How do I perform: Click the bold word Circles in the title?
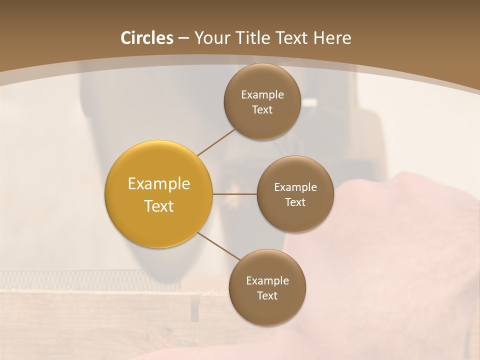[x=147, y=38]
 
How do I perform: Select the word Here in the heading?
[x=332, y=38]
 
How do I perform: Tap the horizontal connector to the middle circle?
[x=234, y=194]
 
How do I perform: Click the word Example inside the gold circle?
[x=159, y=184]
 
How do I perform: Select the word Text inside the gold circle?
[x=159, y=206]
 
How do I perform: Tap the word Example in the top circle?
[x=262, y=95]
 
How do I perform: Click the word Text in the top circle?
[x=262, y=110]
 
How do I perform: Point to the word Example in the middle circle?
[x=295, y=187]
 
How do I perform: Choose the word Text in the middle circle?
[x=295, y=202]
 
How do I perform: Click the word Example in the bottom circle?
[x=267, y=281]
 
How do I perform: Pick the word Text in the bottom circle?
[x=267, y=296]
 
